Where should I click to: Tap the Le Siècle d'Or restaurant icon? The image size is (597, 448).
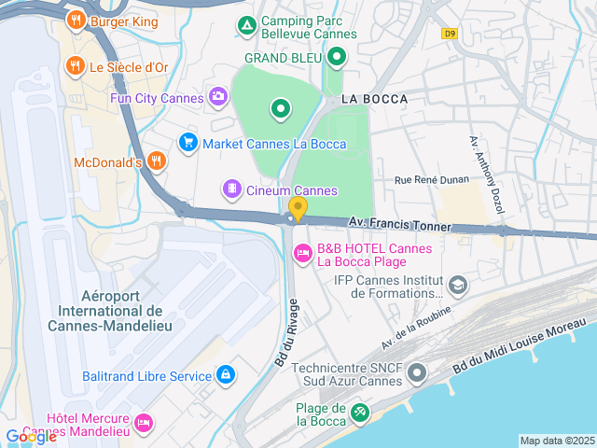click(x=76, y=66)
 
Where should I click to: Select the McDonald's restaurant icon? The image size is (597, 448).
click(x=156, y=161)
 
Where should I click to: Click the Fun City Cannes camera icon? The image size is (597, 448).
click(x=217, y=96)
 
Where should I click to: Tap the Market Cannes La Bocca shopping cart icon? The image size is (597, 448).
click(x=187, y=143)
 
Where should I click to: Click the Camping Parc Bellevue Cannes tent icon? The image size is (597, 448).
click(x=246, y=24)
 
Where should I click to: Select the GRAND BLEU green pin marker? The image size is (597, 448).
click(x=337, y=57)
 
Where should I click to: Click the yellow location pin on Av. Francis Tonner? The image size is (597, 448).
click(x=298, y=209)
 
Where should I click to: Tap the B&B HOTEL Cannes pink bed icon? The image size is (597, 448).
click(x=302, y=253)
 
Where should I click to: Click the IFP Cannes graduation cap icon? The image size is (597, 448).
click(x=457, y=285)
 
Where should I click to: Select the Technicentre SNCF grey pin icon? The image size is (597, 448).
click(x=417, y=372)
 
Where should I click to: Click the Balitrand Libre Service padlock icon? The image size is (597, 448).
click(x=225, y=375)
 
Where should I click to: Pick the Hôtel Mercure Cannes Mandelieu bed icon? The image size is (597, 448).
click(x=143, y=423)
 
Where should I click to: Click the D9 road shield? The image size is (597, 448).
click(x=451, y=33)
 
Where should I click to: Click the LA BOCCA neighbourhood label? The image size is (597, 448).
click(x=370, y=98)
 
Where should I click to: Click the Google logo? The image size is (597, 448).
click(x=31, y=436)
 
